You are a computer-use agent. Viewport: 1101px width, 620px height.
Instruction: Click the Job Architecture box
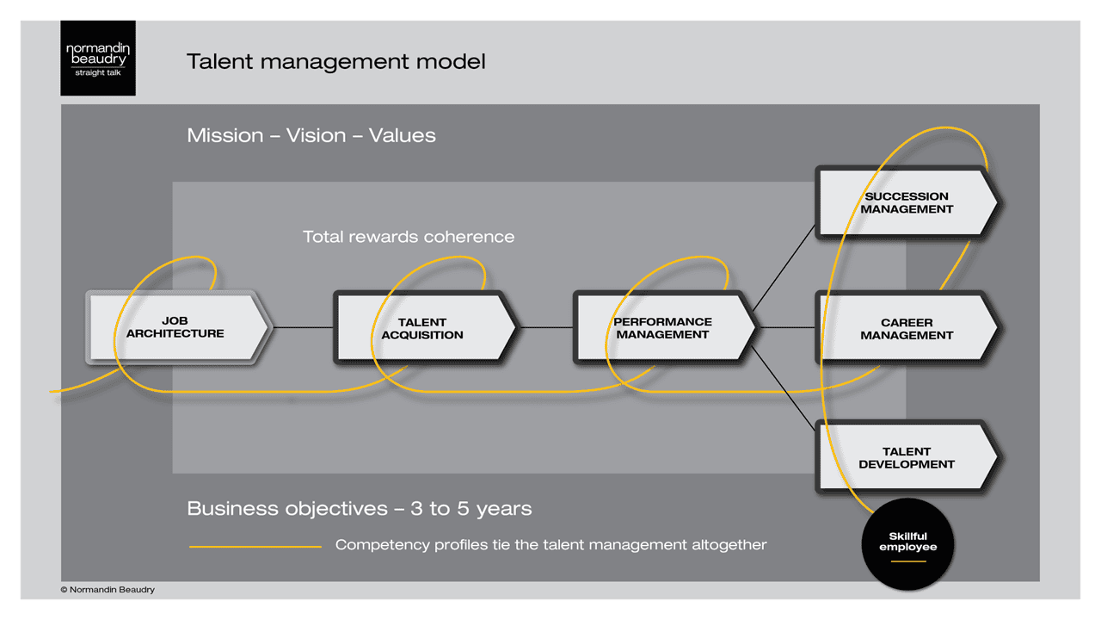[176, 327]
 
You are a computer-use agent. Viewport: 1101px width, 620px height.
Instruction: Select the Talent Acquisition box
[422, 328]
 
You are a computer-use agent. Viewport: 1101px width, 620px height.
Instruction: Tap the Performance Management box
[662, 327]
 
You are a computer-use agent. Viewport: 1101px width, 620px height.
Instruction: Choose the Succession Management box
[907, 202]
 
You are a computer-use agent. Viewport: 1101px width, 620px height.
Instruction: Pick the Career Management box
[907, 329]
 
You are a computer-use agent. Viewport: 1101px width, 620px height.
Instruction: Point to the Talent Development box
[907, 457]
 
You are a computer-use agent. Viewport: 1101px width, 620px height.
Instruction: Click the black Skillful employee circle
[907, 542]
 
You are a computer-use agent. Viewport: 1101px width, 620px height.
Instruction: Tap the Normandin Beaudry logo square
[98, 59]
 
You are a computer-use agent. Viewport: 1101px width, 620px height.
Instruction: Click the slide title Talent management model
[336, 62]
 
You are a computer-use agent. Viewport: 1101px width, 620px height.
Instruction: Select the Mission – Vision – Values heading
[311, 135]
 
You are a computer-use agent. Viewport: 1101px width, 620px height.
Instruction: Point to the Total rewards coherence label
[409, 237]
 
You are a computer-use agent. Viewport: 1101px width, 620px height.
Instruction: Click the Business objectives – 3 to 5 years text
[360, 508]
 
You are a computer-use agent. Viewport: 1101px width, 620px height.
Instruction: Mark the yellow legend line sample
[255, 546]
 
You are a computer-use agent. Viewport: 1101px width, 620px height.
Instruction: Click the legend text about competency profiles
[550, 545]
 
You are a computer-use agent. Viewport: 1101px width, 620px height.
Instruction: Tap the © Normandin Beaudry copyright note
[108, 590]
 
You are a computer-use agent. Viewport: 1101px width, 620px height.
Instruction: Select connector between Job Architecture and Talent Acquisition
[303, 327]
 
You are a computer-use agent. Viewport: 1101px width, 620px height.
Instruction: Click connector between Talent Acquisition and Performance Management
[545, 327]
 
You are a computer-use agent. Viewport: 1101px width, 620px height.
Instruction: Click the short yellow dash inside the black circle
[907, 561]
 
